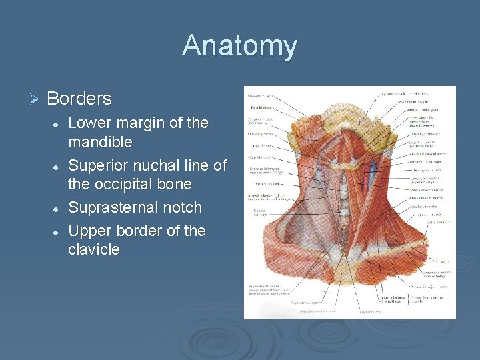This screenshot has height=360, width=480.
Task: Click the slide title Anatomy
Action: [x=239, y=46]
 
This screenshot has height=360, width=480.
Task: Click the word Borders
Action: [x=79, y=99]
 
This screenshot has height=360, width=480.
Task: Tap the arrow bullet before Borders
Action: [x=35, y=99]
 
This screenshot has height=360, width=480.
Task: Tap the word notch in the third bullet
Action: [x=181, y=207]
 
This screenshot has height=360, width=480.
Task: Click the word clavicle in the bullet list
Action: [x=94, y=249]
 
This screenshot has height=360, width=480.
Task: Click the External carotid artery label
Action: [x=429, y=154]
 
